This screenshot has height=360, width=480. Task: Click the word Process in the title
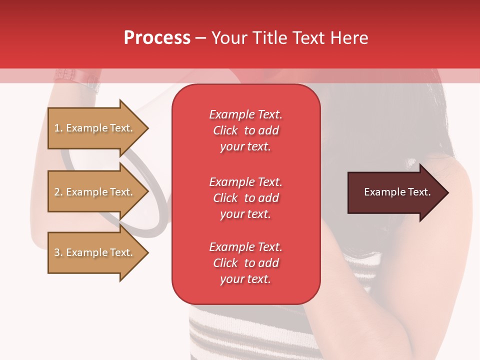(x=157, y=37)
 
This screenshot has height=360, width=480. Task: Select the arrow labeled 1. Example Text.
(x=95, y=128)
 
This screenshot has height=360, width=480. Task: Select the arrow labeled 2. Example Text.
(x=95, y=192)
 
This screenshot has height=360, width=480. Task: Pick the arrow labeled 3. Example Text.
(x=95, y=252)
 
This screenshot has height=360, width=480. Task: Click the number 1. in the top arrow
(x=58, y=128)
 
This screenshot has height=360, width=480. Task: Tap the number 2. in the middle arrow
(x=58, y=192)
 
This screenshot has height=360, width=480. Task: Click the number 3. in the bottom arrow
(x=58, y=252)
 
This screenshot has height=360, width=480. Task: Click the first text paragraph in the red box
(x=245, y=130)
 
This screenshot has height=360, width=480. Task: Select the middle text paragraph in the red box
(x=245, y=198)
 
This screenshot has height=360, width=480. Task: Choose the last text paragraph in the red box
(x=245, y=263)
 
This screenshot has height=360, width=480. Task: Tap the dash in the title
(x=200, y=38)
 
